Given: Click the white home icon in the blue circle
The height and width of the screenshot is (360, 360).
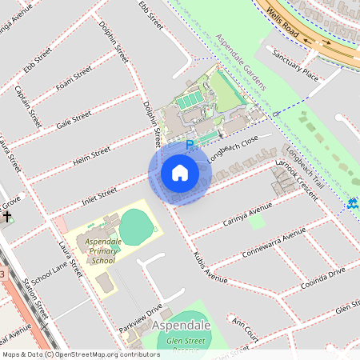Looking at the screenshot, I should point(180,173).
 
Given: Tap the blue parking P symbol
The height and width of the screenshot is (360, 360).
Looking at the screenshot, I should point(190,145).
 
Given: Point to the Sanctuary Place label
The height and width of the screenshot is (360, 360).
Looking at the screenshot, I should point(295,66).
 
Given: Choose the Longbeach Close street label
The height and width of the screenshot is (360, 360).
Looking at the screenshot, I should point(233,149).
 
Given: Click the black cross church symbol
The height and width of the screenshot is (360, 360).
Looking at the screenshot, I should point(7,216).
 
